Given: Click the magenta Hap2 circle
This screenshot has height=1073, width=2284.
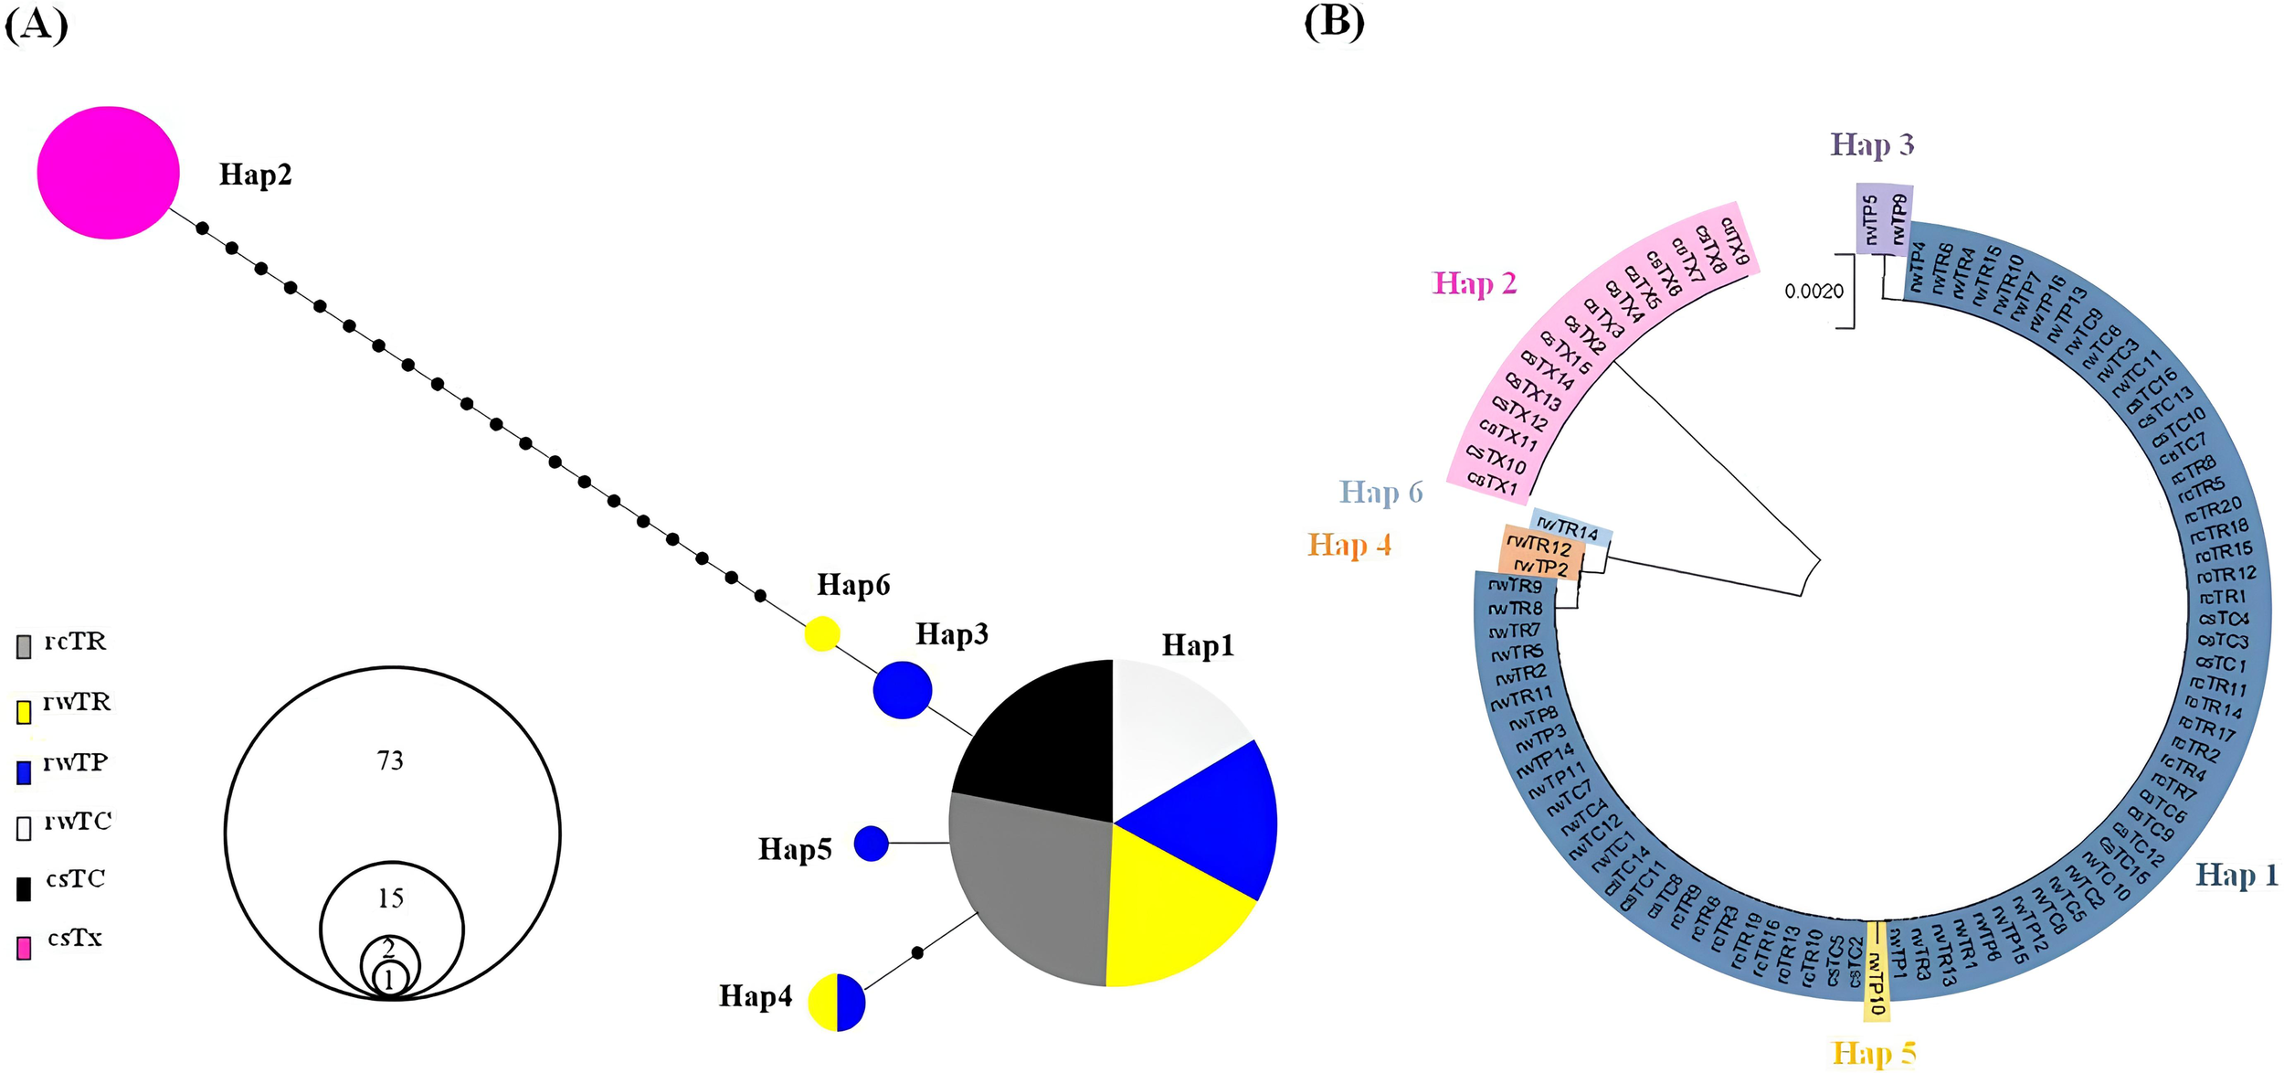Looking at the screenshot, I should click(x=108, y=173).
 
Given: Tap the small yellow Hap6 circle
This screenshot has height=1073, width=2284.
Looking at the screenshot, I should click(x=821, y=633).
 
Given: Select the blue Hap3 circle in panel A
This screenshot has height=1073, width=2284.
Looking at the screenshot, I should click(x=902, y=690).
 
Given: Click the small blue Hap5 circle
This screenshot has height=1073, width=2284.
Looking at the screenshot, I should click(x=871, y=844).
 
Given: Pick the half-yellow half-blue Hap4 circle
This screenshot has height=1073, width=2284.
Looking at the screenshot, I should click(x=836, y=1003).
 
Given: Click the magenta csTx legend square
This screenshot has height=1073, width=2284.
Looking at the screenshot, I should click(x=24, y=948).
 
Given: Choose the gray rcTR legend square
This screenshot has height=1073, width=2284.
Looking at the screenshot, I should click(x=24, y=647).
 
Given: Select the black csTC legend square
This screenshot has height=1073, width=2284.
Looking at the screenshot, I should click(x=24, y=888).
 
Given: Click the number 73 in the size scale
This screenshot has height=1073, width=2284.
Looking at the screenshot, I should click(x=390, y=760).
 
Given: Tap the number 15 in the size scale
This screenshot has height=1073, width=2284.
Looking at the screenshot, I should click(x=390, y=898).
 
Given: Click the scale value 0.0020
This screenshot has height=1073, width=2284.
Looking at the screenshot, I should click(x=1813, y=292).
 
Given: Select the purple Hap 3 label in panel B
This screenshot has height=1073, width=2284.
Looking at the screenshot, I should click(x=1871, y=145).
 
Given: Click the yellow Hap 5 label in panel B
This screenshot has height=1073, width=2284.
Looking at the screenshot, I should click(x=1874, y=1053).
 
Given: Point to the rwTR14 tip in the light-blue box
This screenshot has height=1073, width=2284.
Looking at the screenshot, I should click(x=1568, y=529).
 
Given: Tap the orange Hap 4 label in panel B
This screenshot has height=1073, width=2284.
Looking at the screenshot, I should click(x=1348, y=545).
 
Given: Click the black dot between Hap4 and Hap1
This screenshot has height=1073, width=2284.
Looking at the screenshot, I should click(x=917, y=953).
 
